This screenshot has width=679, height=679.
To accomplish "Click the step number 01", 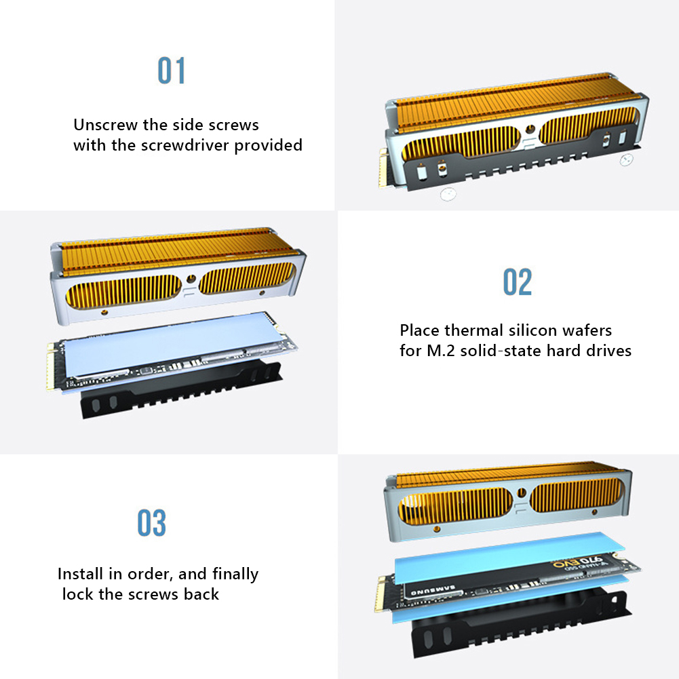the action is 171,70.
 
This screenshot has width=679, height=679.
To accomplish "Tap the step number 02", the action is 517,282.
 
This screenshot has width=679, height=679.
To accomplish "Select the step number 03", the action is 151,523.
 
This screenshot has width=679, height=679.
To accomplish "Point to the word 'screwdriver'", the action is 185,145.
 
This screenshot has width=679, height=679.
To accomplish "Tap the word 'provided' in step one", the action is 268,146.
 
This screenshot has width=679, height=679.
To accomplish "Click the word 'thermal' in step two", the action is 474,330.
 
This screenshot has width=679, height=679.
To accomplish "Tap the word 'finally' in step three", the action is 235,575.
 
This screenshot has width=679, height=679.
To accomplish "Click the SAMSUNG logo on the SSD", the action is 433,589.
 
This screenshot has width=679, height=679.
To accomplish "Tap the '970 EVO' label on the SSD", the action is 578,562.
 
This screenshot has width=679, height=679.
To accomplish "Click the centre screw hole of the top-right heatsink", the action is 530,129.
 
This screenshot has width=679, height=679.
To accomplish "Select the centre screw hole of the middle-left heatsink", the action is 191,279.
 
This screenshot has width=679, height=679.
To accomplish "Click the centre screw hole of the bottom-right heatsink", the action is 522,492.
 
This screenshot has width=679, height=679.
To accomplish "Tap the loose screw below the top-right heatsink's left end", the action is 448,194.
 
